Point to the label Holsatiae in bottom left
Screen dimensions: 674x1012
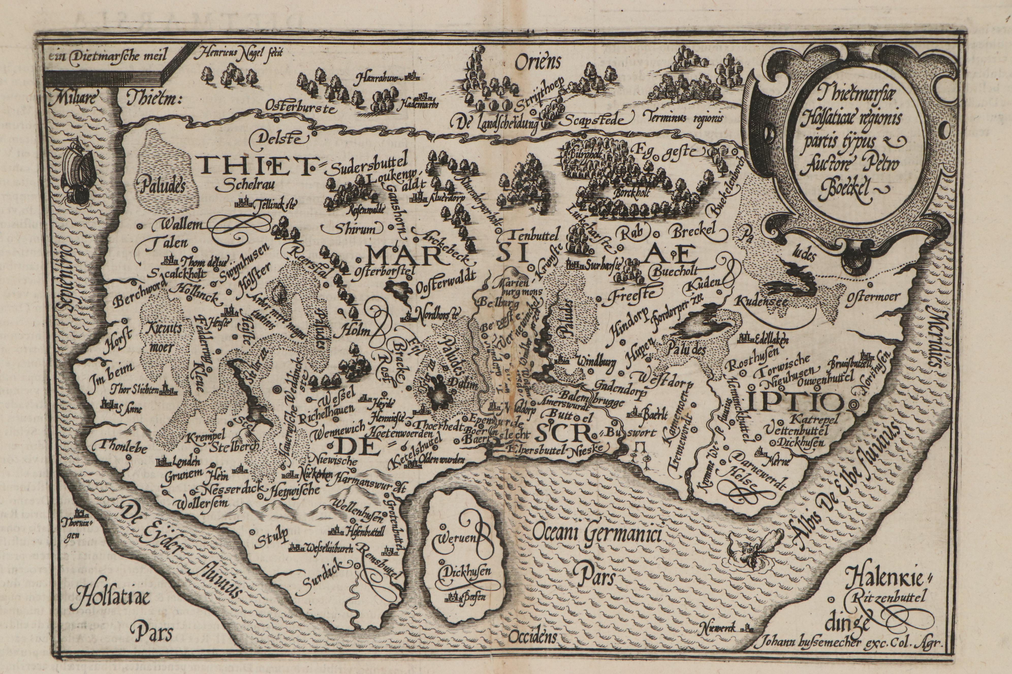[x=112, y=599]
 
